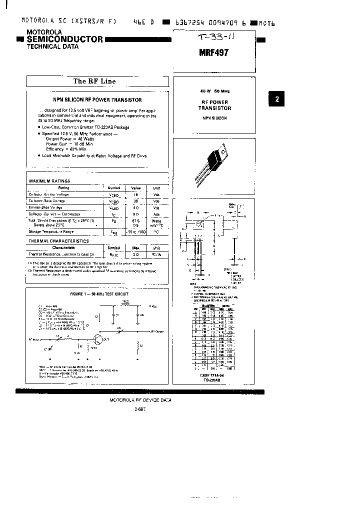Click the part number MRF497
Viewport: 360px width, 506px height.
tap(214, 52)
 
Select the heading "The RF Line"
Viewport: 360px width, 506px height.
tap(94, 81)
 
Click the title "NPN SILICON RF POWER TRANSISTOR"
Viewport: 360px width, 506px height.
tap(97, 100)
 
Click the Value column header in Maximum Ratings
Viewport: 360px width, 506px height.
tap(135, 187)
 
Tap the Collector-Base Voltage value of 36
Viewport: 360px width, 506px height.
tap(135, 200)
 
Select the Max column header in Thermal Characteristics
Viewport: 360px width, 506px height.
tap(135, 247)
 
